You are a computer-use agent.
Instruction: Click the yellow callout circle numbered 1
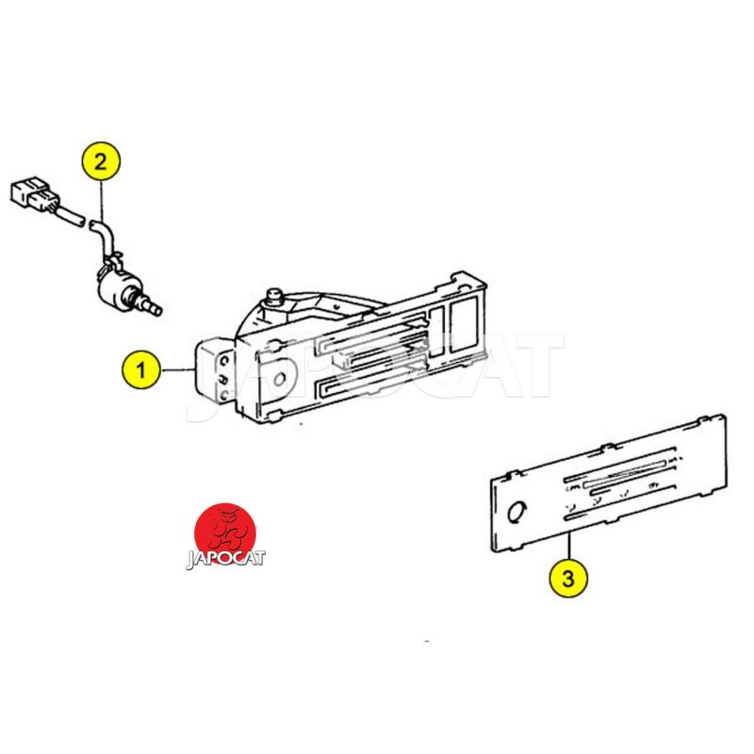(x=140, y=370)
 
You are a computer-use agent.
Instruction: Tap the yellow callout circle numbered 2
(x=101, y=161)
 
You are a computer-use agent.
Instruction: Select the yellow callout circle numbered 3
(x=568, y=578)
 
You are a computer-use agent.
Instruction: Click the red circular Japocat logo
(x=224, y=533)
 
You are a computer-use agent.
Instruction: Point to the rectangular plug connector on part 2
(x=35, y=195)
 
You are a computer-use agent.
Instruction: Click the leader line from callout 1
(x=177, y=369)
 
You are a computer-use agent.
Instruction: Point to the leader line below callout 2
(x=102, y=200)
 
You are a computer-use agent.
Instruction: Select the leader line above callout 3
(x=569, y=546)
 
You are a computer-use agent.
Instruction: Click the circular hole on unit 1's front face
(x=279, y=380)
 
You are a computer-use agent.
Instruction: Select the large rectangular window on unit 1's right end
(x=464, y=323)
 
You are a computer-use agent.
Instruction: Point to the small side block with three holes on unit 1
(x=215, y=371)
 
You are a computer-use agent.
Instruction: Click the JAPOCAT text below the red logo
(x=225, y=559)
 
